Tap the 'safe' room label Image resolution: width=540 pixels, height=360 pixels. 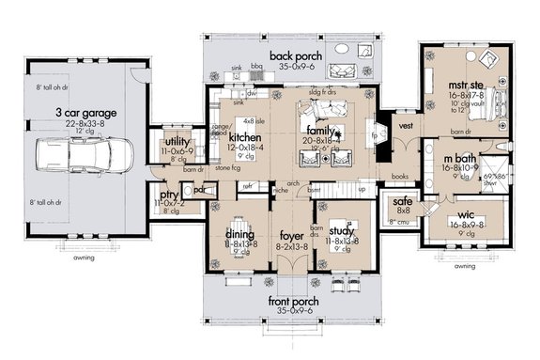point(401,200)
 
